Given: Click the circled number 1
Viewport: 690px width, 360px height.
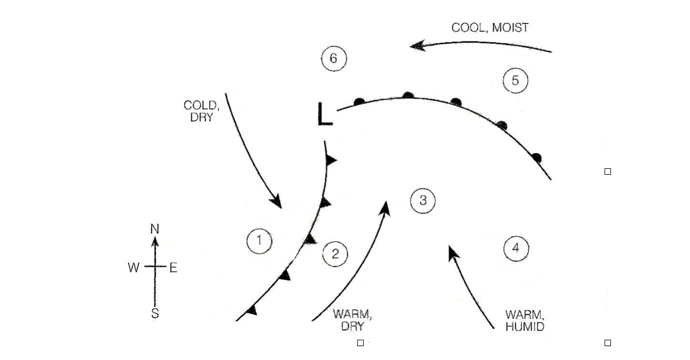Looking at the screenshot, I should pyautogui.click(x=260, y=240).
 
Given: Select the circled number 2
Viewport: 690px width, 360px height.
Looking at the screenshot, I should pyautogui.click(x=335, y=254).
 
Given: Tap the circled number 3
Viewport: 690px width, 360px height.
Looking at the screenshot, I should pyautogui.click(x=423, y=200).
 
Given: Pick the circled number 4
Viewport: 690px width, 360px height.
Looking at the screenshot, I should pyautogui.click(x=516, y=248).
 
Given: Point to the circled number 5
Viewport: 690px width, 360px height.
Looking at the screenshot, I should pyautogui.click(x=515, y=81).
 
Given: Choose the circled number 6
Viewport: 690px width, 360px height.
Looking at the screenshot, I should pyautogui.click(x=334, y=58).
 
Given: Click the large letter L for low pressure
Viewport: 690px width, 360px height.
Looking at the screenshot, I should pyautogui.click(x=324, y=114).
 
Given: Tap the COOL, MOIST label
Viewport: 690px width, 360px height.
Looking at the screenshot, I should pyautogui.click(x=490, y=28).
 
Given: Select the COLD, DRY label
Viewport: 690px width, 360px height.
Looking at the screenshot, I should pyautogui.click(x=201, y=111).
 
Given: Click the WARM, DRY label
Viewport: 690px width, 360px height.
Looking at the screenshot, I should pyautogui.click(x=352, y=320).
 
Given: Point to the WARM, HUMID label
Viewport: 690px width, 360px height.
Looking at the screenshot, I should pyautogui.click(x=524, y=320).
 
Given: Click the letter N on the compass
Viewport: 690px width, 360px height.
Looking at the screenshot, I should pyautogui.click(x=155, y=229).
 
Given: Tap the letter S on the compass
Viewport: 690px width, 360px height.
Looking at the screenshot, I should pyautogui.click(x=155, y=314).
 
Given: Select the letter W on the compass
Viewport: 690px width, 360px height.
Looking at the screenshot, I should pyautogui.click(x=134, y=268).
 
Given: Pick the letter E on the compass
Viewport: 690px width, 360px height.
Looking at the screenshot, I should pyautogui.click(x=174, y=268).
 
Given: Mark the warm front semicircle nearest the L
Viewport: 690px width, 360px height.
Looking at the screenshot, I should pyautogui.click(x=359, y=101).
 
